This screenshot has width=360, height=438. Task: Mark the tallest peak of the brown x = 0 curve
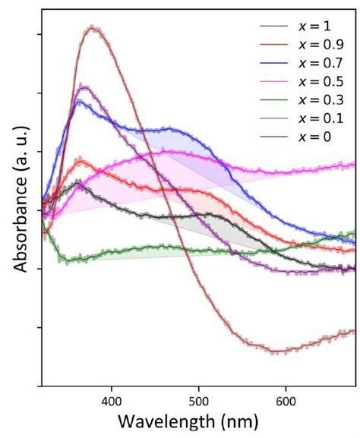(93, 27)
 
